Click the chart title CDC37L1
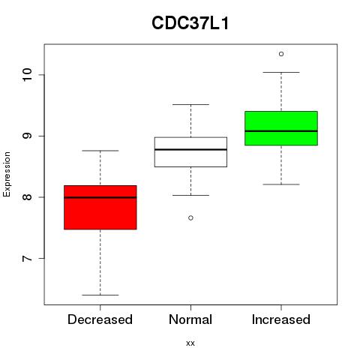point(190,23)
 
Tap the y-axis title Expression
point(7,174)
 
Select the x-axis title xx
point(190,343)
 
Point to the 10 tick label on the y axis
point(27,74)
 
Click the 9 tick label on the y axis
point(27,136)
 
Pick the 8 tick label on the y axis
point(27,197)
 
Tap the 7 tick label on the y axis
point(27,258)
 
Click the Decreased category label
point(100,319)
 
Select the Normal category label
point(190,319)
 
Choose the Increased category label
point(281,319)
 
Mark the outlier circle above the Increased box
point(281,54)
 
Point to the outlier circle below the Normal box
point(190,218)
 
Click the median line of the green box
point(281,131)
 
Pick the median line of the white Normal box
point(190,149)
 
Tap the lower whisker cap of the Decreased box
point(100,295)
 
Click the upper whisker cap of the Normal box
point(190,104)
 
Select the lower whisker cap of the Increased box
point(281,184)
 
